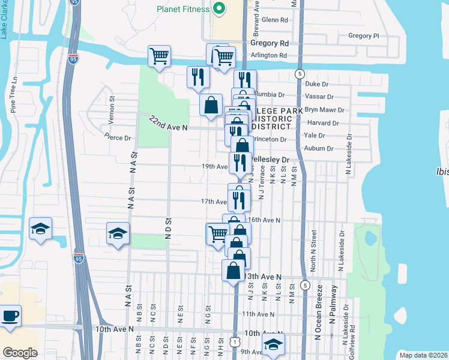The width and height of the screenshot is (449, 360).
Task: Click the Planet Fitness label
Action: click(x=182, y=9)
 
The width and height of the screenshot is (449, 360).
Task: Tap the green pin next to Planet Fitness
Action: click(x=219, y=9)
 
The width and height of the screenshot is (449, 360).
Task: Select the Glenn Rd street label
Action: click(x=276, y=20)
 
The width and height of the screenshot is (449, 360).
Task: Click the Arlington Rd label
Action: click(x=269, y=55)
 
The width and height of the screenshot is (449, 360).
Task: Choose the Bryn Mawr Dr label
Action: click(x=325, y=110)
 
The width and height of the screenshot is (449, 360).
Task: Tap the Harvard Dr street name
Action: click(x=322, y=123)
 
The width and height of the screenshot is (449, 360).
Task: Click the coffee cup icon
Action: click(x=10, y=316)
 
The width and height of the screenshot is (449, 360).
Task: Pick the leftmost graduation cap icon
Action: click(x=40, y=229)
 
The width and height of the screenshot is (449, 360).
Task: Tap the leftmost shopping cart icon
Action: click(x=160, y=56)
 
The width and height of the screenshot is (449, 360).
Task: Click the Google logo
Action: click(x=20, y=353)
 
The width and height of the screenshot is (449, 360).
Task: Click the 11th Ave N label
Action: click(x=258, y=314)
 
